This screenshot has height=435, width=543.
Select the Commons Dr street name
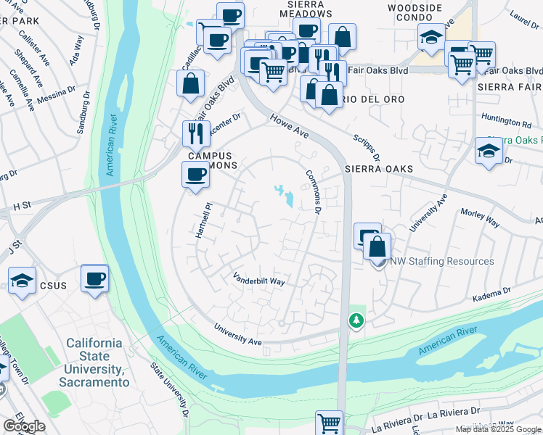click(313, 191)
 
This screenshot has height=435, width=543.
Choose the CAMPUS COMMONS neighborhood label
click(211, 160)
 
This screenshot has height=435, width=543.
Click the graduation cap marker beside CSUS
click(22, 281)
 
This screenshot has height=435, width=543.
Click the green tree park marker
click(356, 319)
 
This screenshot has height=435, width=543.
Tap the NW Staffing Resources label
click(442, 261)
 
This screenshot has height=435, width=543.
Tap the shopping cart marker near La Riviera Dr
click(329, 421)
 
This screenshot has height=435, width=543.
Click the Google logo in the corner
click(24, 426)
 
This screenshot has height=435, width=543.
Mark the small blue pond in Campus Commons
click(285, 195)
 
